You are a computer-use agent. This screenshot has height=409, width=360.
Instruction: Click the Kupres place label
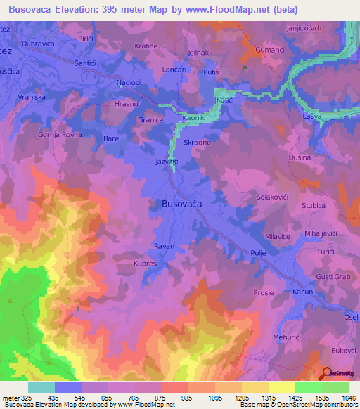144,264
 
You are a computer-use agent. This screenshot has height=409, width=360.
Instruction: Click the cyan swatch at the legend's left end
41,387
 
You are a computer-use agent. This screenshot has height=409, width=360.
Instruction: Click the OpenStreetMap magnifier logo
327,373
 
